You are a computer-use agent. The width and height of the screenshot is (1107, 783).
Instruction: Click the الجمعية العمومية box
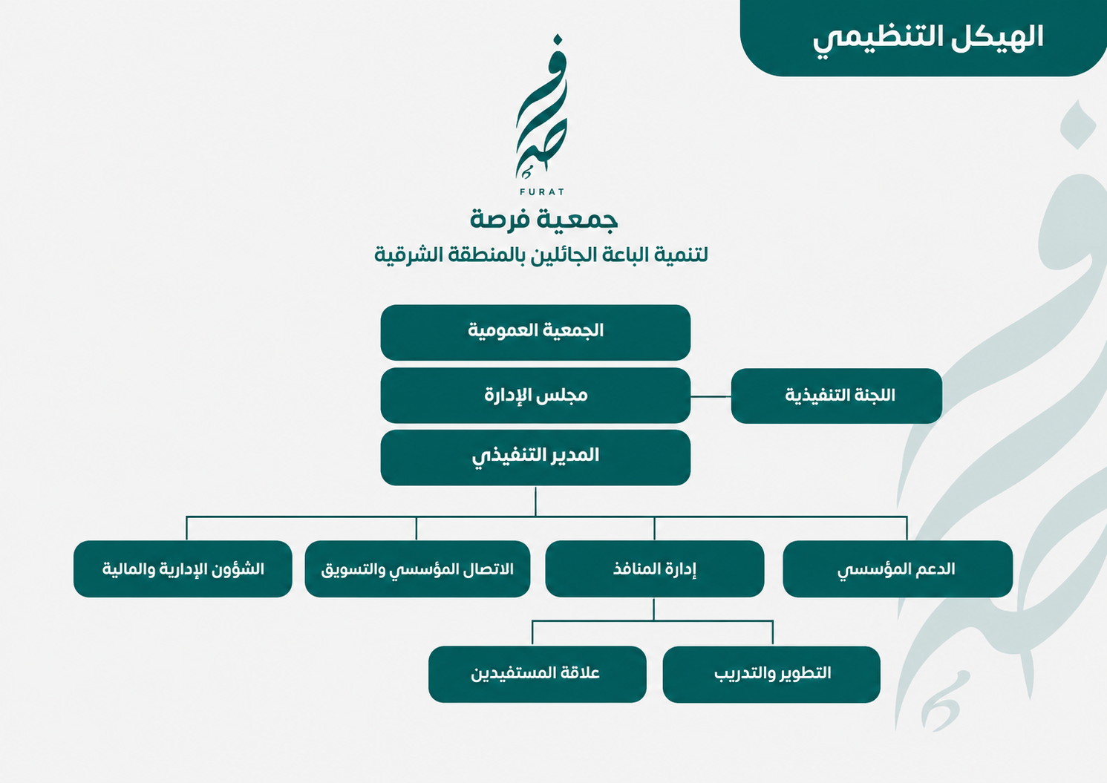[535, 332]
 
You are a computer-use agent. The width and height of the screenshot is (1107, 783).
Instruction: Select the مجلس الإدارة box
[535, 395]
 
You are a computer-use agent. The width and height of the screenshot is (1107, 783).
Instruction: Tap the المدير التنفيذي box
[535, 457]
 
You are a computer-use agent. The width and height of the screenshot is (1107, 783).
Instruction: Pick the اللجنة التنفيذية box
[836, 396]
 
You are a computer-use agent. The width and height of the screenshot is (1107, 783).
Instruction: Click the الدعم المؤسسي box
[898, 569]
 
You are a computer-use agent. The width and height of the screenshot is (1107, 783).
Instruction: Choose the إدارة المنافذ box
[654, 569]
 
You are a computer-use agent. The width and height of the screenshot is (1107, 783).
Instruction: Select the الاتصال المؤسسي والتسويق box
[417, 569]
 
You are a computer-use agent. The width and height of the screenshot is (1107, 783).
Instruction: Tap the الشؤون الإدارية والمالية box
[183, 569]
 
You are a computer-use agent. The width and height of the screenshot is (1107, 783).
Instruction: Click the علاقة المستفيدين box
[538, 674]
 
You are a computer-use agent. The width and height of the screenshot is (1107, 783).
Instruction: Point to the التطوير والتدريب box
[771, 674]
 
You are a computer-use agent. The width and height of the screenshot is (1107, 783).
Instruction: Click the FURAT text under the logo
[542, 191]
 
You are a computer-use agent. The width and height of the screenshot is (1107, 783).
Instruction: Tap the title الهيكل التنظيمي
[927, 39]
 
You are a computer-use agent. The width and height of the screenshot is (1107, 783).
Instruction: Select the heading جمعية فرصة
[543, 220]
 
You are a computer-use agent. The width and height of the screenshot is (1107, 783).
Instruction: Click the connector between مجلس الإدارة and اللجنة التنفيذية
[711, 396]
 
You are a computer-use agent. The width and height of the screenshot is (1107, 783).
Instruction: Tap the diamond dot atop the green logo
[558, 39]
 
